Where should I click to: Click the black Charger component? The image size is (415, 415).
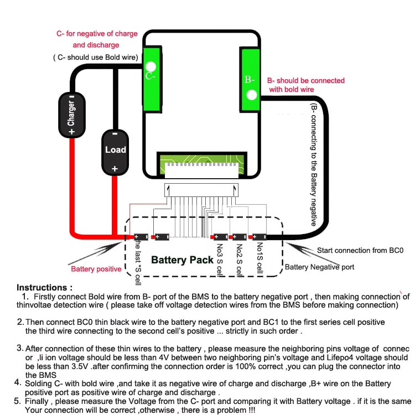(72, 116)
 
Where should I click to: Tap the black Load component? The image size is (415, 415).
(115, 153)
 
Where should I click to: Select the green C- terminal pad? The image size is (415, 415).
(152, 79)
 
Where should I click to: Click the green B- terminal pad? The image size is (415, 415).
(250, 80)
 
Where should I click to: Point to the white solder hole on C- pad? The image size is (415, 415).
(151, 66)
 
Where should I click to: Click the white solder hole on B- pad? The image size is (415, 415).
(252, 95)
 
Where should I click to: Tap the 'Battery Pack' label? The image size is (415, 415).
(182, 260)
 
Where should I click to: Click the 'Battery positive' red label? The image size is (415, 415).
(96, 269)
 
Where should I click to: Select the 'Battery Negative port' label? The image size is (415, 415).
(319, 267)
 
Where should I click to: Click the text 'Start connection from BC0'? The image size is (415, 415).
(360, 250)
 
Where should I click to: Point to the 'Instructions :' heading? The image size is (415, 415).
(44, 287)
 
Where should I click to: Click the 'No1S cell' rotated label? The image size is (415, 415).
(260, 258)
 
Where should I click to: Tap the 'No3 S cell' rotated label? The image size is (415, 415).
(220, 260)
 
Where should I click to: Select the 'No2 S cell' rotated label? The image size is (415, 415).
(239, 260)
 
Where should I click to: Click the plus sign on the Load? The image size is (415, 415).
(115, 169)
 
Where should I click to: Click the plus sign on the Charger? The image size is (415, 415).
(72, 132)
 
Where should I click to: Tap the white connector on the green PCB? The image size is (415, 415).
(201, 170)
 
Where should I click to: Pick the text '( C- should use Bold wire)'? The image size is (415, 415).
(96, 58)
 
